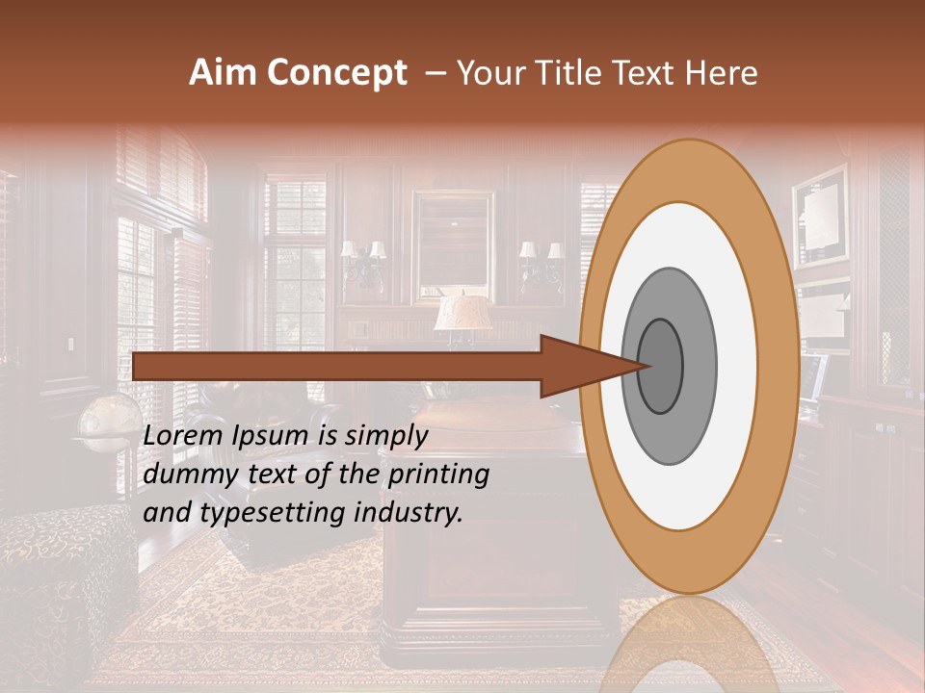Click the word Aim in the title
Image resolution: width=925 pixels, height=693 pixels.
pos(224,73)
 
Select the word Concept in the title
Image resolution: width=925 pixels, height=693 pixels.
pos(336,73)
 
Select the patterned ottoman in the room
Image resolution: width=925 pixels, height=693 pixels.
pos(63,577)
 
